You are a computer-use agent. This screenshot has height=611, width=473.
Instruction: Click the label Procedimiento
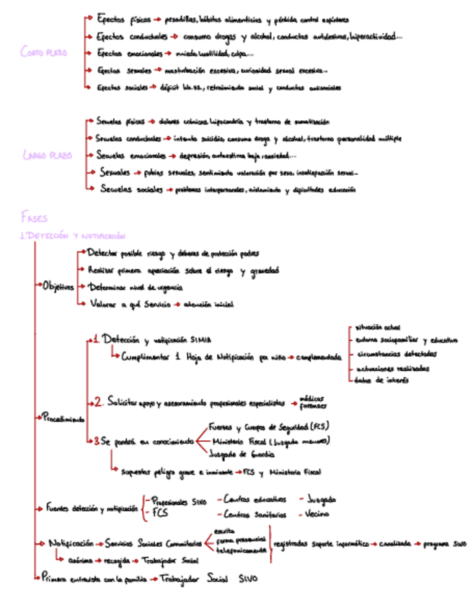(63, 419)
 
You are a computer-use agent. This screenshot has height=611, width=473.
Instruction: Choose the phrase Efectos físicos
(118, 17)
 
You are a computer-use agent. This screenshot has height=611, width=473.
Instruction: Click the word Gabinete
(80, 558)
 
